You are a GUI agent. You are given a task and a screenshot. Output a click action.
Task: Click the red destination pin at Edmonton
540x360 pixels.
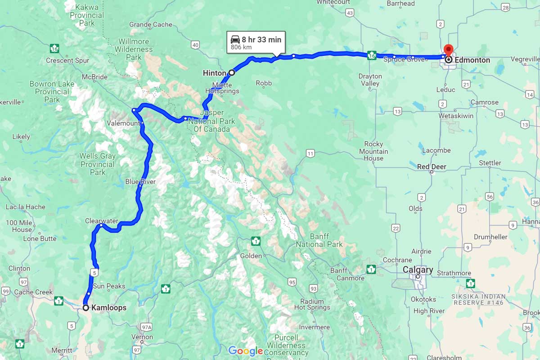point(448,50)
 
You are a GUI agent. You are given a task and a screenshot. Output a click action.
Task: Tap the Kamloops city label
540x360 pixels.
point(108,308)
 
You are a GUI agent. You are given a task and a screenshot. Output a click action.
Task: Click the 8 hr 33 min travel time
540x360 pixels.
point(261,40)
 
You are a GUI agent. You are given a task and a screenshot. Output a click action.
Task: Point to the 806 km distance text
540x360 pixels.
point(241,47)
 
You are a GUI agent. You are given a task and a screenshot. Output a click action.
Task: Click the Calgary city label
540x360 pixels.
point(418,270)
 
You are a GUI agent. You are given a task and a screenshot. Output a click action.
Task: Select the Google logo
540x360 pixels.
point(245,351)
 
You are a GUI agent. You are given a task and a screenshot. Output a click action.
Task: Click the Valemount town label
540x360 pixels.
point(123,123)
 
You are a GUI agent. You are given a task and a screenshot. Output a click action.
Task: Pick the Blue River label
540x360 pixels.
point(140,182)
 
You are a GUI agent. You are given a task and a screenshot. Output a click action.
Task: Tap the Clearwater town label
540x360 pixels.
point(101,221)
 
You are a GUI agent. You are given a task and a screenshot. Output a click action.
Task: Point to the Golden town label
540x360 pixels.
point(251,256)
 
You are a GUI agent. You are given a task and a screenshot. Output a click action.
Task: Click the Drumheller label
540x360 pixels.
point(490,237)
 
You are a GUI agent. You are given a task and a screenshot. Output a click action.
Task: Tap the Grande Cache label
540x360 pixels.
point(150,24)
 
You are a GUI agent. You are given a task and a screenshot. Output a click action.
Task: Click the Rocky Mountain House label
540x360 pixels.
point(373,152)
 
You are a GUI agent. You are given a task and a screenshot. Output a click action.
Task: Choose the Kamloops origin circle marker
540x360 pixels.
point(85,308)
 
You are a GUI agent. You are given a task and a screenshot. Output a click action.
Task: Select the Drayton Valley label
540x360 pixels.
point(370,80)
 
